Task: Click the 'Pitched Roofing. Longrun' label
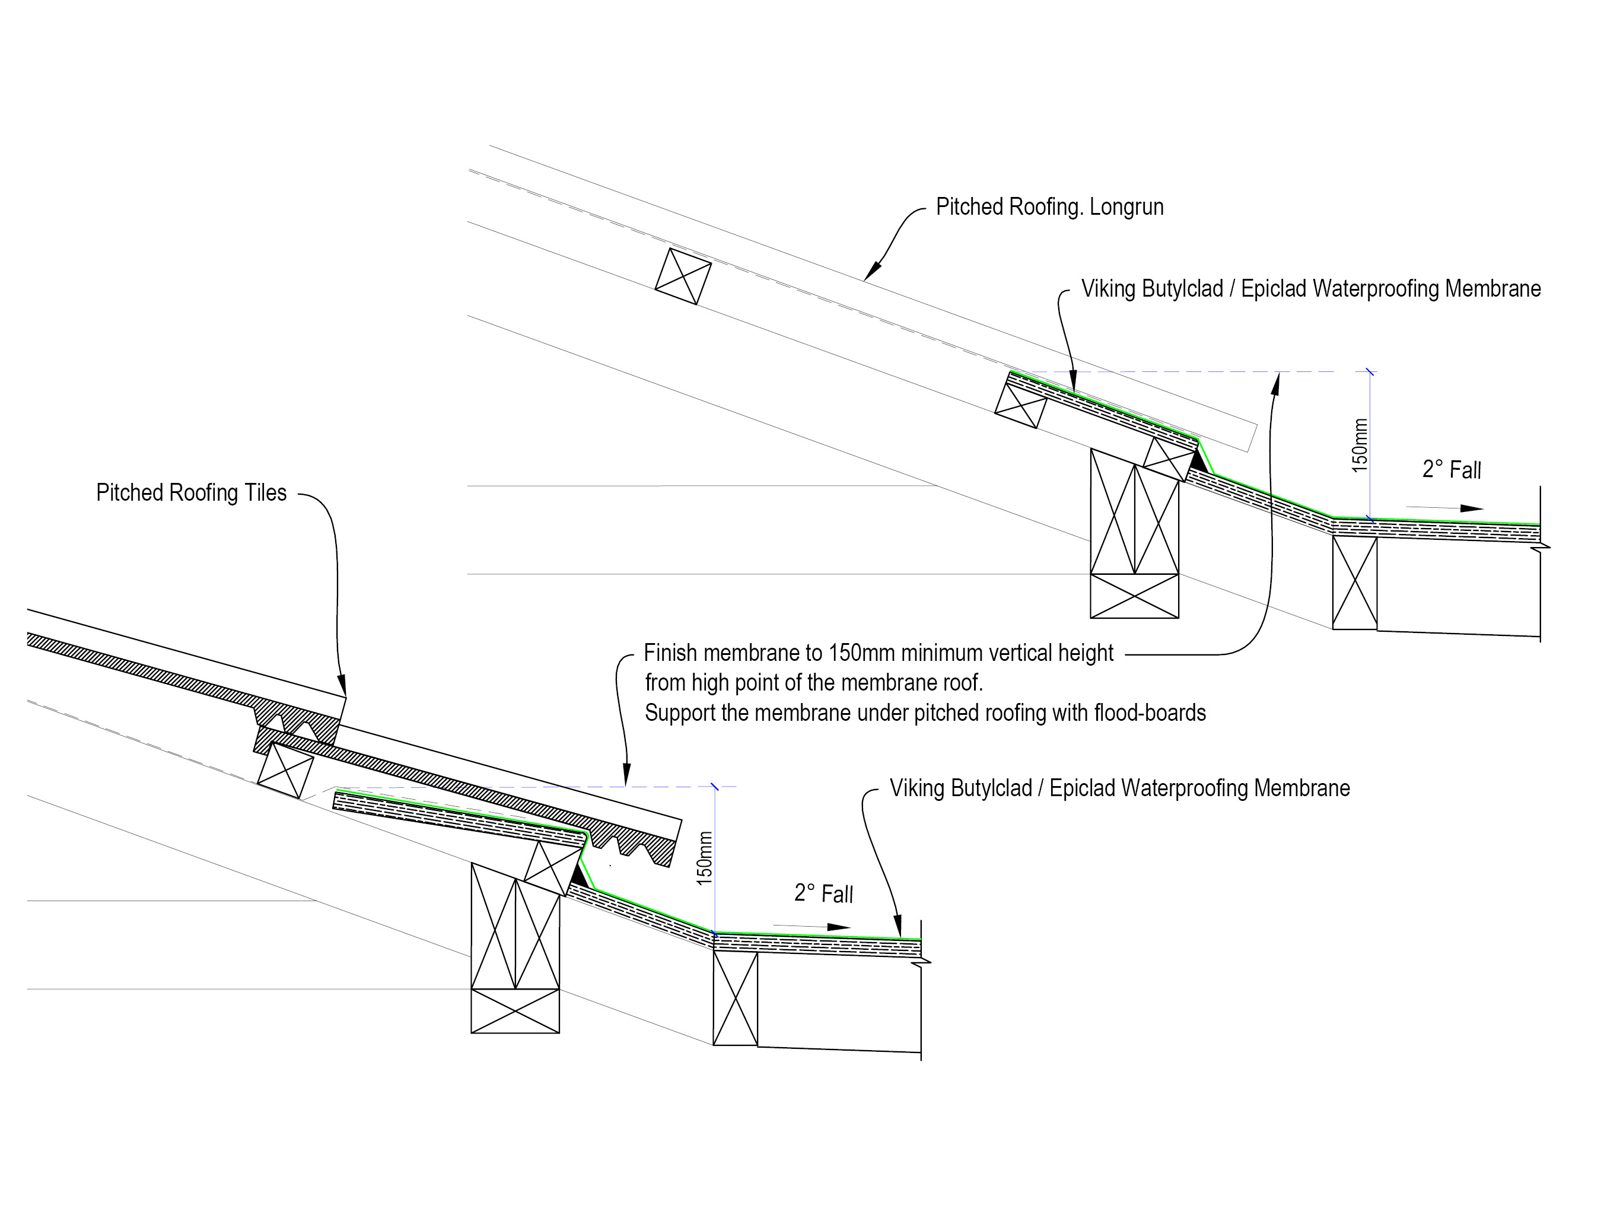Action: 1049,207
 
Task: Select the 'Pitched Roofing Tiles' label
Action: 191,493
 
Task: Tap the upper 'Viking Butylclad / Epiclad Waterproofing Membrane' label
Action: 1311,290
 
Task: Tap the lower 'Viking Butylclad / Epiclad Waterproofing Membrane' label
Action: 1120,789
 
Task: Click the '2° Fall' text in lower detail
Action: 823,893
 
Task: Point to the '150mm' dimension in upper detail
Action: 1359,446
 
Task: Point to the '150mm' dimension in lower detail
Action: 704,858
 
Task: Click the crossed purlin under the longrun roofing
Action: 683,276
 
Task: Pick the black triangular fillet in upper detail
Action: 1198,460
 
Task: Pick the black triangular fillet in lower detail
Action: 580,876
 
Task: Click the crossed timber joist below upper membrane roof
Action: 1354,582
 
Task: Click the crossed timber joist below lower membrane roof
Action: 734,997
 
